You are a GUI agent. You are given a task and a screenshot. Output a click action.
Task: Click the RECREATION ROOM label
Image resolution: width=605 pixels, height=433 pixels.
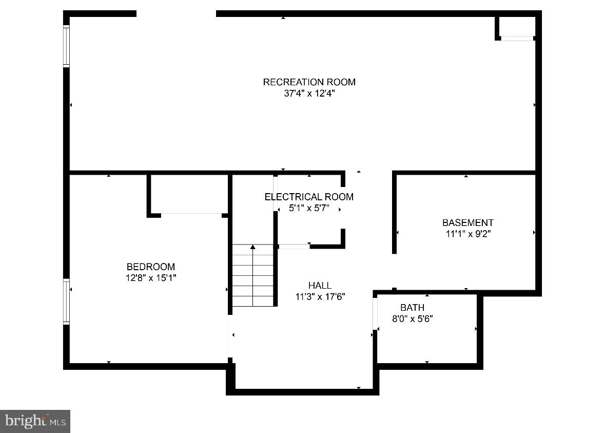309,82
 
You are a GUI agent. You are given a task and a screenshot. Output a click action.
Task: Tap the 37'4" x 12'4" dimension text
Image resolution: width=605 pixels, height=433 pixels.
309,94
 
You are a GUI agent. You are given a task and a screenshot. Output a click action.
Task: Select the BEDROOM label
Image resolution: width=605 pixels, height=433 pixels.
150,267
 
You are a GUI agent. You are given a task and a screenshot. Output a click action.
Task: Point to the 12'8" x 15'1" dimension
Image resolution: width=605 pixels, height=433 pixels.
150,278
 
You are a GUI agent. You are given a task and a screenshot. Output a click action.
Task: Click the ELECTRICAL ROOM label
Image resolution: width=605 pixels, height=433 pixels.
309,197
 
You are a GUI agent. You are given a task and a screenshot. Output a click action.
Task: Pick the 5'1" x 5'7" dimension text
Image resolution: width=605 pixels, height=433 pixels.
309,209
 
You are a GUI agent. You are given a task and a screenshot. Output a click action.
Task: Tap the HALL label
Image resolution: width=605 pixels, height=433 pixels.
320,286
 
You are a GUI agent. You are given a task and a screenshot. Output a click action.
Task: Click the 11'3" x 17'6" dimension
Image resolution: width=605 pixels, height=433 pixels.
320,297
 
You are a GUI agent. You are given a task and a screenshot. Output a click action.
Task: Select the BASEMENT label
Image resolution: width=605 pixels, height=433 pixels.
467,223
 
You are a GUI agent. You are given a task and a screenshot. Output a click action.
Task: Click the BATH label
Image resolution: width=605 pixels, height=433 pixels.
412,308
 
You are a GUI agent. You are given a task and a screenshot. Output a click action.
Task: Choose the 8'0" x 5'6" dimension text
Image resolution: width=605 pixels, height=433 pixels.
412,319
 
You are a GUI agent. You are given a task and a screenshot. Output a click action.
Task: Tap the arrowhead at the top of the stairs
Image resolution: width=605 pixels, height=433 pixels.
252,247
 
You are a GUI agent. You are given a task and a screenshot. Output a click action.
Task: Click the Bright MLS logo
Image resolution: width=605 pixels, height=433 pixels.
35,421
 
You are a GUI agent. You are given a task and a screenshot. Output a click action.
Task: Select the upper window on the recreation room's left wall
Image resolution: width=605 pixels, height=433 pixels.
66,46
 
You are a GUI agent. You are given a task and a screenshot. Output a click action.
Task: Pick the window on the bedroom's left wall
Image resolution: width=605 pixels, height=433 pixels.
66,302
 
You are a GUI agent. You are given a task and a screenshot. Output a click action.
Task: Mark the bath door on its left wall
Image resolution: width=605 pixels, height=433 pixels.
375,313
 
